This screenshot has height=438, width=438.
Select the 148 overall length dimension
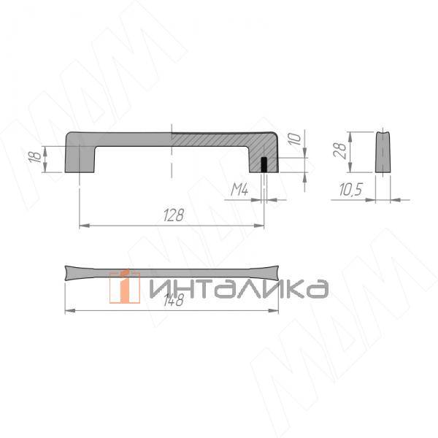tap(173, 301)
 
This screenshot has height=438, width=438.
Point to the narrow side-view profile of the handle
tap(383, 152)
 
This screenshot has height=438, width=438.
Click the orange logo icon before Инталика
tap(125, 285)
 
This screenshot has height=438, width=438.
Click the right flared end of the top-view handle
tap(274, 272)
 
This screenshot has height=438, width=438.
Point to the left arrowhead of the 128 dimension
tap(82, 226)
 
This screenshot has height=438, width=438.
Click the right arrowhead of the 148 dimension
tap(275, 311)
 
